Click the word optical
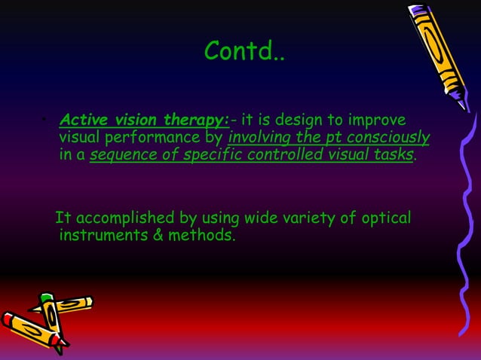[x=385, y=218]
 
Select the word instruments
[x=98, y=236]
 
